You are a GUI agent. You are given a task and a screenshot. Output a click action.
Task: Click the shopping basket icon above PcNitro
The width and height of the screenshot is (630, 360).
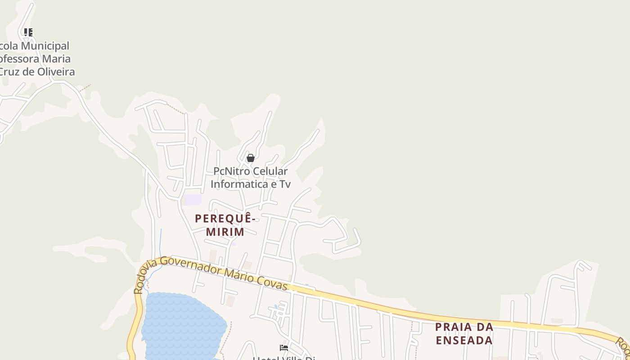click(x=251, y=158)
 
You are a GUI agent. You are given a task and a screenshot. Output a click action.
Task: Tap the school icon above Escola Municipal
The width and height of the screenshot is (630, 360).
click(x=28, y=32)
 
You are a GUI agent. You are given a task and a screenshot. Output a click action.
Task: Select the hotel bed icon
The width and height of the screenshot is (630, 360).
click(x=284, y=348)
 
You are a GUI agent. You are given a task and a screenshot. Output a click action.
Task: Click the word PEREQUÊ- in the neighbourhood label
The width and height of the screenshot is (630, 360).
click(x=225, y=219)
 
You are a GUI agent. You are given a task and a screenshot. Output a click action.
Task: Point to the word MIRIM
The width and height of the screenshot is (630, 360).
click(x=225, y=232)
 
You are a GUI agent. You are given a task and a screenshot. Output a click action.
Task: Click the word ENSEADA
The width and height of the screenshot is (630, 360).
click(x=464, y=340)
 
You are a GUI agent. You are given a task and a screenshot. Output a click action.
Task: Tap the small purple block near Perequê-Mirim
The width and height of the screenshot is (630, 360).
click(x=193, y=199)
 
